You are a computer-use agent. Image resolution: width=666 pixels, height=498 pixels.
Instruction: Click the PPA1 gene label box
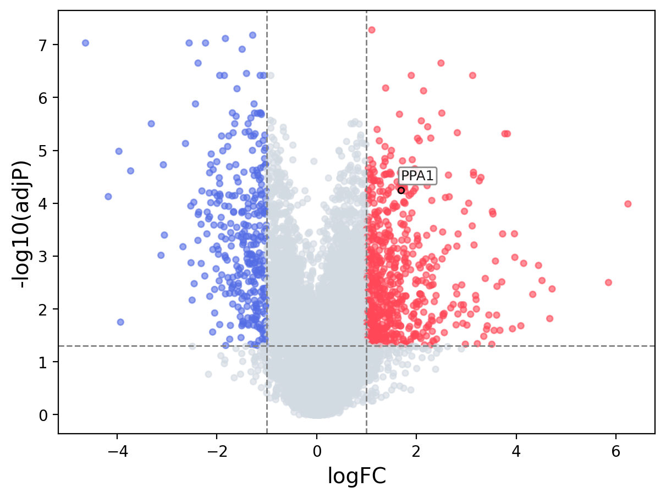pyautogui.click(x=417, y=176)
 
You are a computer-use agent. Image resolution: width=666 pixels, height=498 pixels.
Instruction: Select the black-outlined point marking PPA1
pyautogui.click(x=401, y=191)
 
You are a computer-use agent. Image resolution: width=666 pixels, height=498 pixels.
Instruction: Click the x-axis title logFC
pyautogui.click(x=357, y=476)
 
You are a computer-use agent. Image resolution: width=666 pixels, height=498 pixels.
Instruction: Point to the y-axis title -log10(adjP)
pyautogui.click(x=23, y=224)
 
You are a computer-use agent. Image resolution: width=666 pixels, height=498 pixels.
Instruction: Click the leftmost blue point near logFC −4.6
pyautogui.click(x=85, y=43)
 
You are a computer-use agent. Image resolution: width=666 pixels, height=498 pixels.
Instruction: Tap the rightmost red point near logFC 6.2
pyautogui.click(x=628, y=204)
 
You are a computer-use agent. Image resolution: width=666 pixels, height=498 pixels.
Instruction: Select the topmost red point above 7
pyautogui.click(x=372, y=30)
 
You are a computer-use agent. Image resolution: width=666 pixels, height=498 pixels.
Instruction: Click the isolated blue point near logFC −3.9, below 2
pyautogui.click(x=120, y=322)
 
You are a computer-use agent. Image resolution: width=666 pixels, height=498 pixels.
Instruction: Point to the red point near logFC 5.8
pyautogui.click(x=608, y=283)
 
